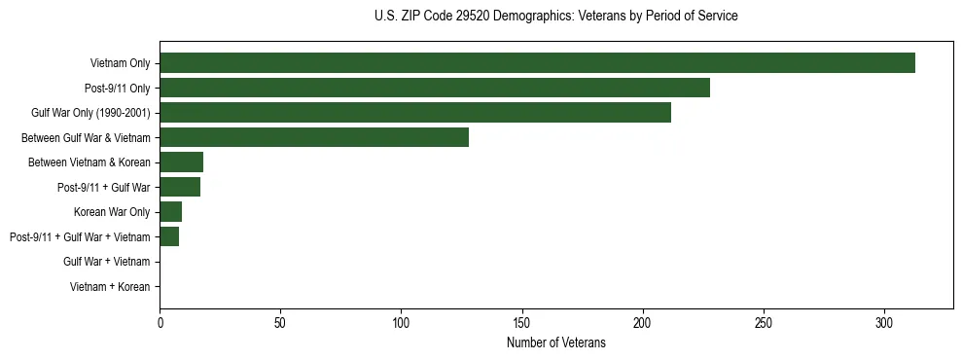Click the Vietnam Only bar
[537, 63]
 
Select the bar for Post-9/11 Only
[435, 88]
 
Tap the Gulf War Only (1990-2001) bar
[415, 113]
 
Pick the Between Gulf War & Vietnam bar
[314, 137]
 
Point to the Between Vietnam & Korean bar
[181, 162]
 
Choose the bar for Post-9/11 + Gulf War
[180, 187]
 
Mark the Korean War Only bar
[170, 212]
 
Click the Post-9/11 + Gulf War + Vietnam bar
[169, 236]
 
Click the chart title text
[555, 17]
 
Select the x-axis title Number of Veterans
[555, 342]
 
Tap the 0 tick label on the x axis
[160, 321]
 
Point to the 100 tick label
[401, 321]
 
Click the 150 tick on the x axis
[522, 321]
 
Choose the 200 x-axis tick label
[643, 321]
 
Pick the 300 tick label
[884, 321]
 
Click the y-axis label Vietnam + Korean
[110, 287]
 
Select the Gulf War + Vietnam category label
[107, 262]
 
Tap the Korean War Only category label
[112, 212]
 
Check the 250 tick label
[764, 321]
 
